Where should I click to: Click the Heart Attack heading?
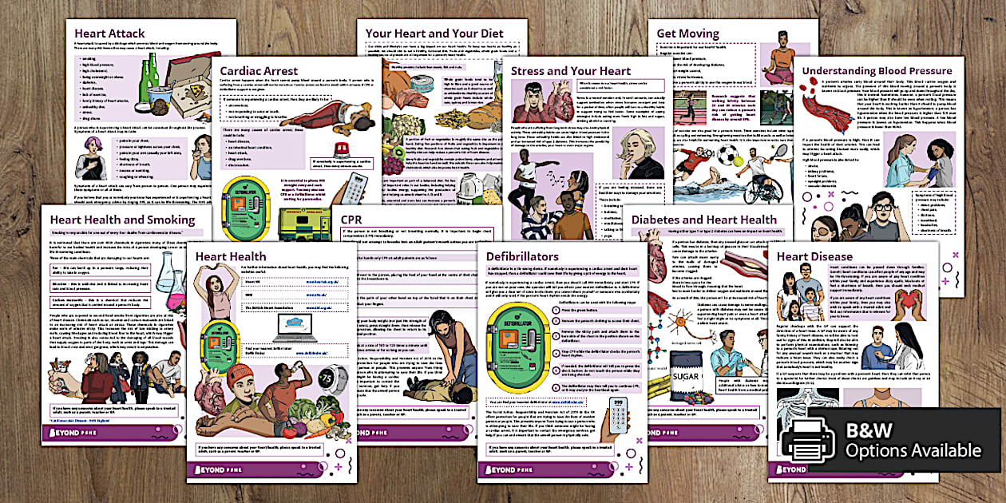(x=109, y=34)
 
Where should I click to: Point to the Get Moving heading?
(x=686, y=34)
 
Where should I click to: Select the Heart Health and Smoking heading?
(x=122, y=220)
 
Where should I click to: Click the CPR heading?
(x=351, y=220)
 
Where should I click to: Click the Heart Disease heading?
(x=814, y=256)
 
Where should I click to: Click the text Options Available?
(x=913, y=450)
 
